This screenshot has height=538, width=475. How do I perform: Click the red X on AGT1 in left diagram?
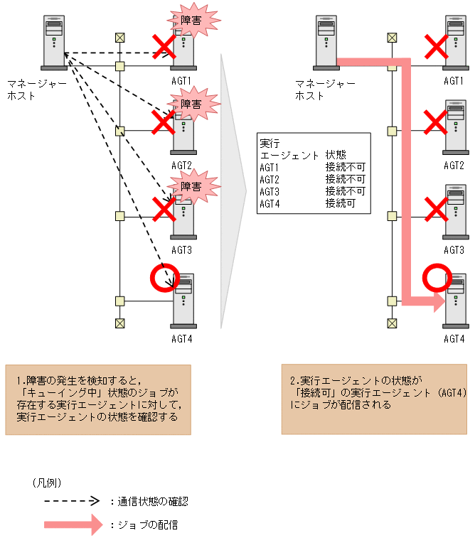tap(164, 48)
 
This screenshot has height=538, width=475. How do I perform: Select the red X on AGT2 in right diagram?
tap(435, 122)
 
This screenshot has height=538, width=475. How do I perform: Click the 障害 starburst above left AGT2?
tap(190, 104)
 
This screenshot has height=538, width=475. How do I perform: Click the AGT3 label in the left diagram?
tap(182, 250)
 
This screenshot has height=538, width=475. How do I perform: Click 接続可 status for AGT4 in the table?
tap(340, 203)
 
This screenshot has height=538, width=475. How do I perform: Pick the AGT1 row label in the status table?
tap(269, 168)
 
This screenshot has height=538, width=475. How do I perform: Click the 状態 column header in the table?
tap(336, 155)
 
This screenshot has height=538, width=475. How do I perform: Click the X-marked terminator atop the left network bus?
tap(119, 37)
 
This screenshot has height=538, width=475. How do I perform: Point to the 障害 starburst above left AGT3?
tap(190, 186)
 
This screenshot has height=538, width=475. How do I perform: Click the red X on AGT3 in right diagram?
tap(435, 208)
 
